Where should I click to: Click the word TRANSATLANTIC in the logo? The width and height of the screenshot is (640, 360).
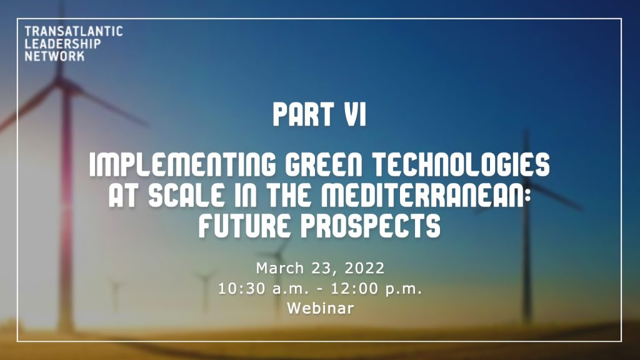click(x=74, y=31)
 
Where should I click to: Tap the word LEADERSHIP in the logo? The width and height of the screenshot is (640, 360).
click(x=62, y=44)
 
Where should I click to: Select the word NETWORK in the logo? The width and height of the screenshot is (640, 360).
click(x=54, y=56)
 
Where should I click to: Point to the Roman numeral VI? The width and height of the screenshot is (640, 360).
click(x=355, y=114)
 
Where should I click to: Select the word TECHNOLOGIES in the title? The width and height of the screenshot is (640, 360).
click(x=461, y=164)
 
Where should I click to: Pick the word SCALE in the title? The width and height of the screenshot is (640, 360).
click(x=186, y=195)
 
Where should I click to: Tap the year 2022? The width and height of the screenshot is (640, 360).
click(x=364, y=268)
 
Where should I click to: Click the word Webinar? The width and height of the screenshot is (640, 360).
click(x=321, y=308)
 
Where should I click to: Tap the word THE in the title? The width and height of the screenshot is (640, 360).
click(x=288, y=195)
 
